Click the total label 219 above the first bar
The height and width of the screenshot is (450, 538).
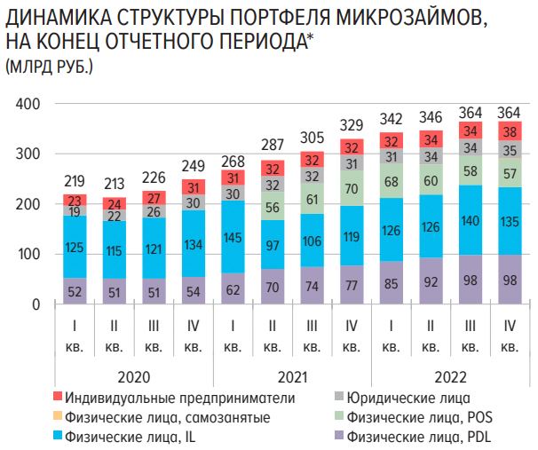74,179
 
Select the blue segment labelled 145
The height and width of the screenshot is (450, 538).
233,238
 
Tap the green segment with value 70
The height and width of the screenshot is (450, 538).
351,189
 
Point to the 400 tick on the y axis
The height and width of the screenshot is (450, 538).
29,105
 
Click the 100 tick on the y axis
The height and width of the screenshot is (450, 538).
29,255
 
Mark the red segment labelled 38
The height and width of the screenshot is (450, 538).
509,131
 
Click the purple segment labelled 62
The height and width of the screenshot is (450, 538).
233,289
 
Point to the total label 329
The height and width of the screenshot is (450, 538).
351,124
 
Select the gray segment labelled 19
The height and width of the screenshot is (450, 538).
74,212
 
